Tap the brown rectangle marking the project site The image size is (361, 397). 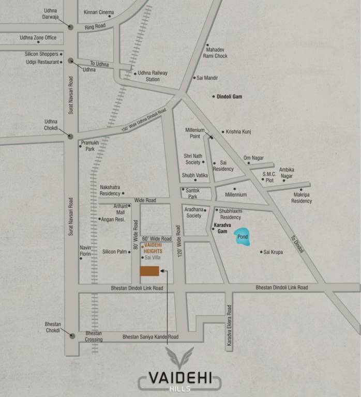pyautogui.click(x=149, y=272)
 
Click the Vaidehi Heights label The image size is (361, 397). pyautogui.click(x=154, y=248)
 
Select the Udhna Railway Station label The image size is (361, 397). pyautogui.click(x=153, y=76)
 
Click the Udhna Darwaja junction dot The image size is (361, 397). pyautogui.click(x=70, y=27)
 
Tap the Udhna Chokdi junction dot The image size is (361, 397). pyautogui.click(x=70, y=136)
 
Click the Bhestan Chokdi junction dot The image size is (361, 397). pyautogui.click(x=72, y=335)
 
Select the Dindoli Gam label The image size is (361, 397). pyautogui.click(x=230, y=97)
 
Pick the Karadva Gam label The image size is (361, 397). pyautogui.click(x=220, y=228)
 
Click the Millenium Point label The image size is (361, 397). pyautogui.click(x=195, y=133)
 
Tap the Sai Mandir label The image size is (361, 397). pyautogui.click(x=207, y=78)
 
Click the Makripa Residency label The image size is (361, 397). pyautogui.click(x=302, y=197)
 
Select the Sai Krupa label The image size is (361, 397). pyautogui.click(x=273, y=252)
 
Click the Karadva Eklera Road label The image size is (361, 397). pyautogui.click(x=229, y=324)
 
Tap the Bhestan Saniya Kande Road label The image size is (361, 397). pyautogui.click(x=150, y=337)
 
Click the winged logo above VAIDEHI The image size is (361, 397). pyautogui.click(x=179, y=358)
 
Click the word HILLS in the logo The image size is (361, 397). pyautogui.click(x=179, y=389)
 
